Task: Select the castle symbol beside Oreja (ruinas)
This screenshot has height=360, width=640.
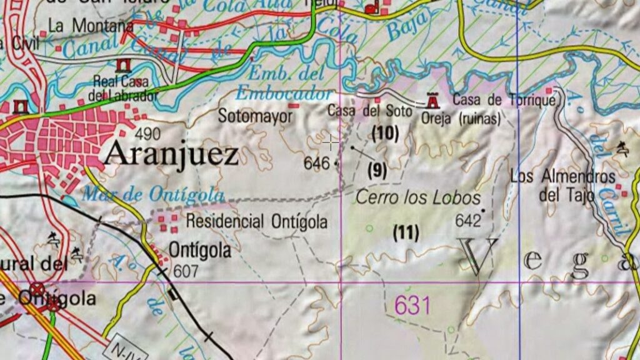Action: coord(432,101)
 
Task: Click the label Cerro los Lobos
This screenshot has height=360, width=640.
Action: coord(417,198)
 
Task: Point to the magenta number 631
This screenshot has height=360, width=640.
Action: coord(412,306)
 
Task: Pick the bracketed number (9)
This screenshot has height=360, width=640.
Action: coord(377,171)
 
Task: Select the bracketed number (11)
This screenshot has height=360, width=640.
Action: coord(406,233)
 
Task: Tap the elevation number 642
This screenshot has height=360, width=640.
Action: coord(467,220)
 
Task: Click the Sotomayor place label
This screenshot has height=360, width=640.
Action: coord(255,116)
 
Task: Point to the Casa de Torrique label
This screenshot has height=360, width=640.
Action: coord(504,100)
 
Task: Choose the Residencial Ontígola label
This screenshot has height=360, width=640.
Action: coord(256,221)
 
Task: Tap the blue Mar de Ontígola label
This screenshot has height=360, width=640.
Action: coord(152,194)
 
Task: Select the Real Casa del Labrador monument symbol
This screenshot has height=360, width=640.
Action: coord(122,66)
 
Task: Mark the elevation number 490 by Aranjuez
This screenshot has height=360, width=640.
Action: coord(147,133)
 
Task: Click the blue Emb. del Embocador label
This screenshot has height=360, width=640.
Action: coord(284,84)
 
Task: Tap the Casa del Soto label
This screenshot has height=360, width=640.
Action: coord(370,111)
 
